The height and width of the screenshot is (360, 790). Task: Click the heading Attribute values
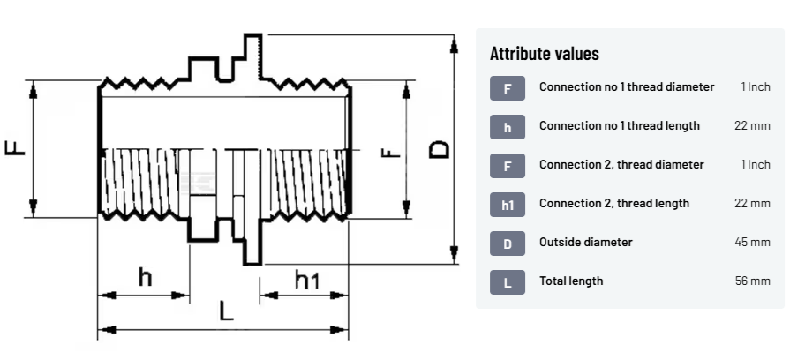[544, 54]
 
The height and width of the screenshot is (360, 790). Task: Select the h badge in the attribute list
[508, 126]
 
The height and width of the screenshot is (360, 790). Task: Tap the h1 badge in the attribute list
[508, 204]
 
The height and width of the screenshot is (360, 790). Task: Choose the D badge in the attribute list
[508, 243]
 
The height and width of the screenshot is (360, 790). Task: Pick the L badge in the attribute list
[508, 281]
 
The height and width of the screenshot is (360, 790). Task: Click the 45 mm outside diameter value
[752, 242]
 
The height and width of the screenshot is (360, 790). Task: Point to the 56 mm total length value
[752, 281]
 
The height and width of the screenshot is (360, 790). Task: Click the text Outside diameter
[585, 242]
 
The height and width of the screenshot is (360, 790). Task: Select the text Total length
[571, 281]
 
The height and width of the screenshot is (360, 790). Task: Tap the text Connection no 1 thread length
[619, 125]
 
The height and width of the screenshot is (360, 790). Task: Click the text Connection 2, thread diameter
[621, 164]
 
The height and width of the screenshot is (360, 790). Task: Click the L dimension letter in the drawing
[226, 311]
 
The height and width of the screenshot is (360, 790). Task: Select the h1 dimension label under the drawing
[306, 281]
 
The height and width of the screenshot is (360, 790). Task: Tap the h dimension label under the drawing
[145, 277]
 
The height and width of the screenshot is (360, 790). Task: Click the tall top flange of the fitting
[253, 57]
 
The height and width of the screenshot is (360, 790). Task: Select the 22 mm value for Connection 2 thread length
[752, 203]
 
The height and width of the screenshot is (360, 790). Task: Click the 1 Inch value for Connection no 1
[756, 86]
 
